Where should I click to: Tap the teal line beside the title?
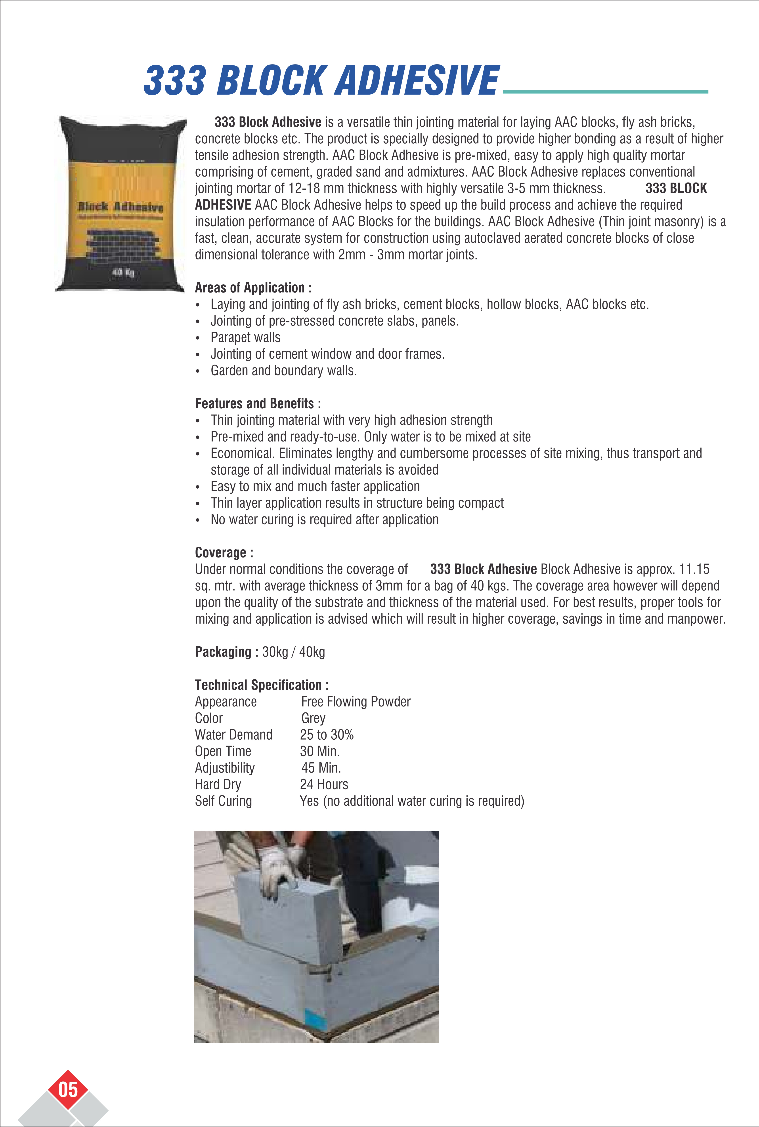(605, 91)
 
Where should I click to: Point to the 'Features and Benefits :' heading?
(258, 403)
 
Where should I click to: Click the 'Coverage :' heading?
(224, 552)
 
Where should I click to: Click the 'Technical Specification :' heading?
(261, 685)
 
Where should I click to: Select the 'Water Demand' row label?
(233, 735)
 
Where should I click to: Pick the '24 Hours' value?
(324, 784)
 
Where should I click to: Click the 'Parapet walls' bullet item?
(245, 338)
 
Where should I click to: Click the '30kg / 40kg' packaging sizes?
(293, 652)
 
